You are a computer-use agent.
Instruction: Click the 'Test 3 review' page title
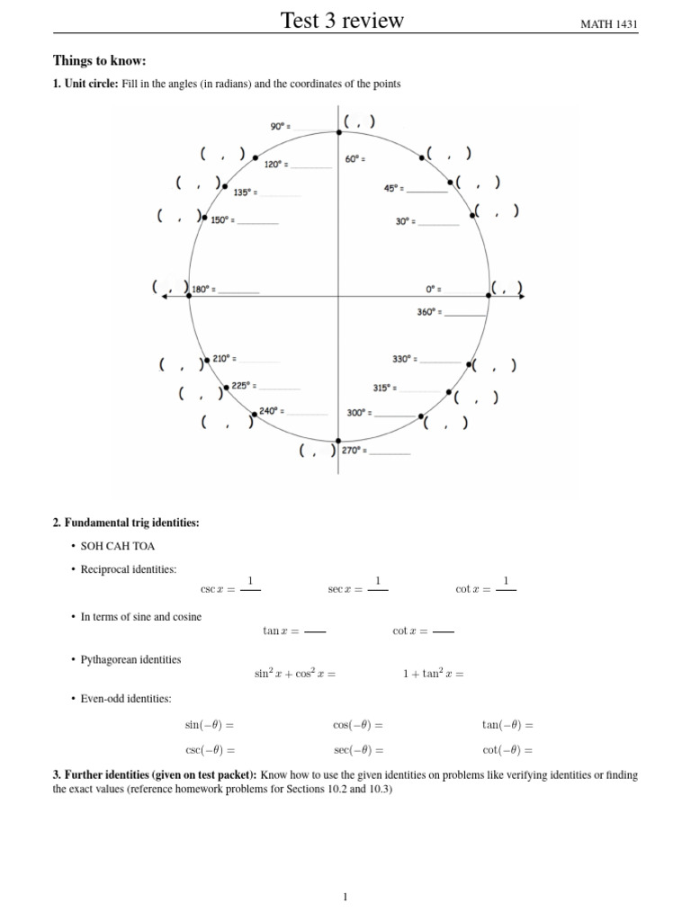pos(343,20)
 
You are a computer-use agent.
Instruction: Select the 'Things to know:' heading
pos(99,61)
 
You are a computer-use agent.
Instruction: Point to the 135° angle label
pos(244,192)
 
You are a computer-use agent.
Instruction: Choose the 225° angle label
pos(242,386)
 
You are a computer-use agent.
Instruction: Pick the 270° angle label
pos(352,450)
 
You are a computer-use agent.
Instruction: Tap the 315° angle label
pos(383,389)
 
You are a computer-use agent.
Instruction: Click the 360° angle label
pos(427,312)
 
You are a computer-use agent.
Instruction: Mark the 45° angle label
pos(392,189)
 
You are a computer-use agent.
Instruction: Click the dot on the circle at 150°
pos(205,219)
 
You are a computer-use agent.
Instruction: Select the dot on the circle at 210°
pos(207,360)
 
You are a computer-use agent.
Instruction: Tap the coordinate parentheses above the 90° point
pos(359,121)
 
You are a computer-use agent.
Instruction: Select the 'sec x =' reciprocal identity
pos(345,589)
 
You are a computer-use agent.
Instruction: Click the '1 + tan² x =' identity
pos(433,674)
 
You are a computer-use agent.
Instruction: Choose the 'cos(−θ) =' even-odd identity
pos(357,725)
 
